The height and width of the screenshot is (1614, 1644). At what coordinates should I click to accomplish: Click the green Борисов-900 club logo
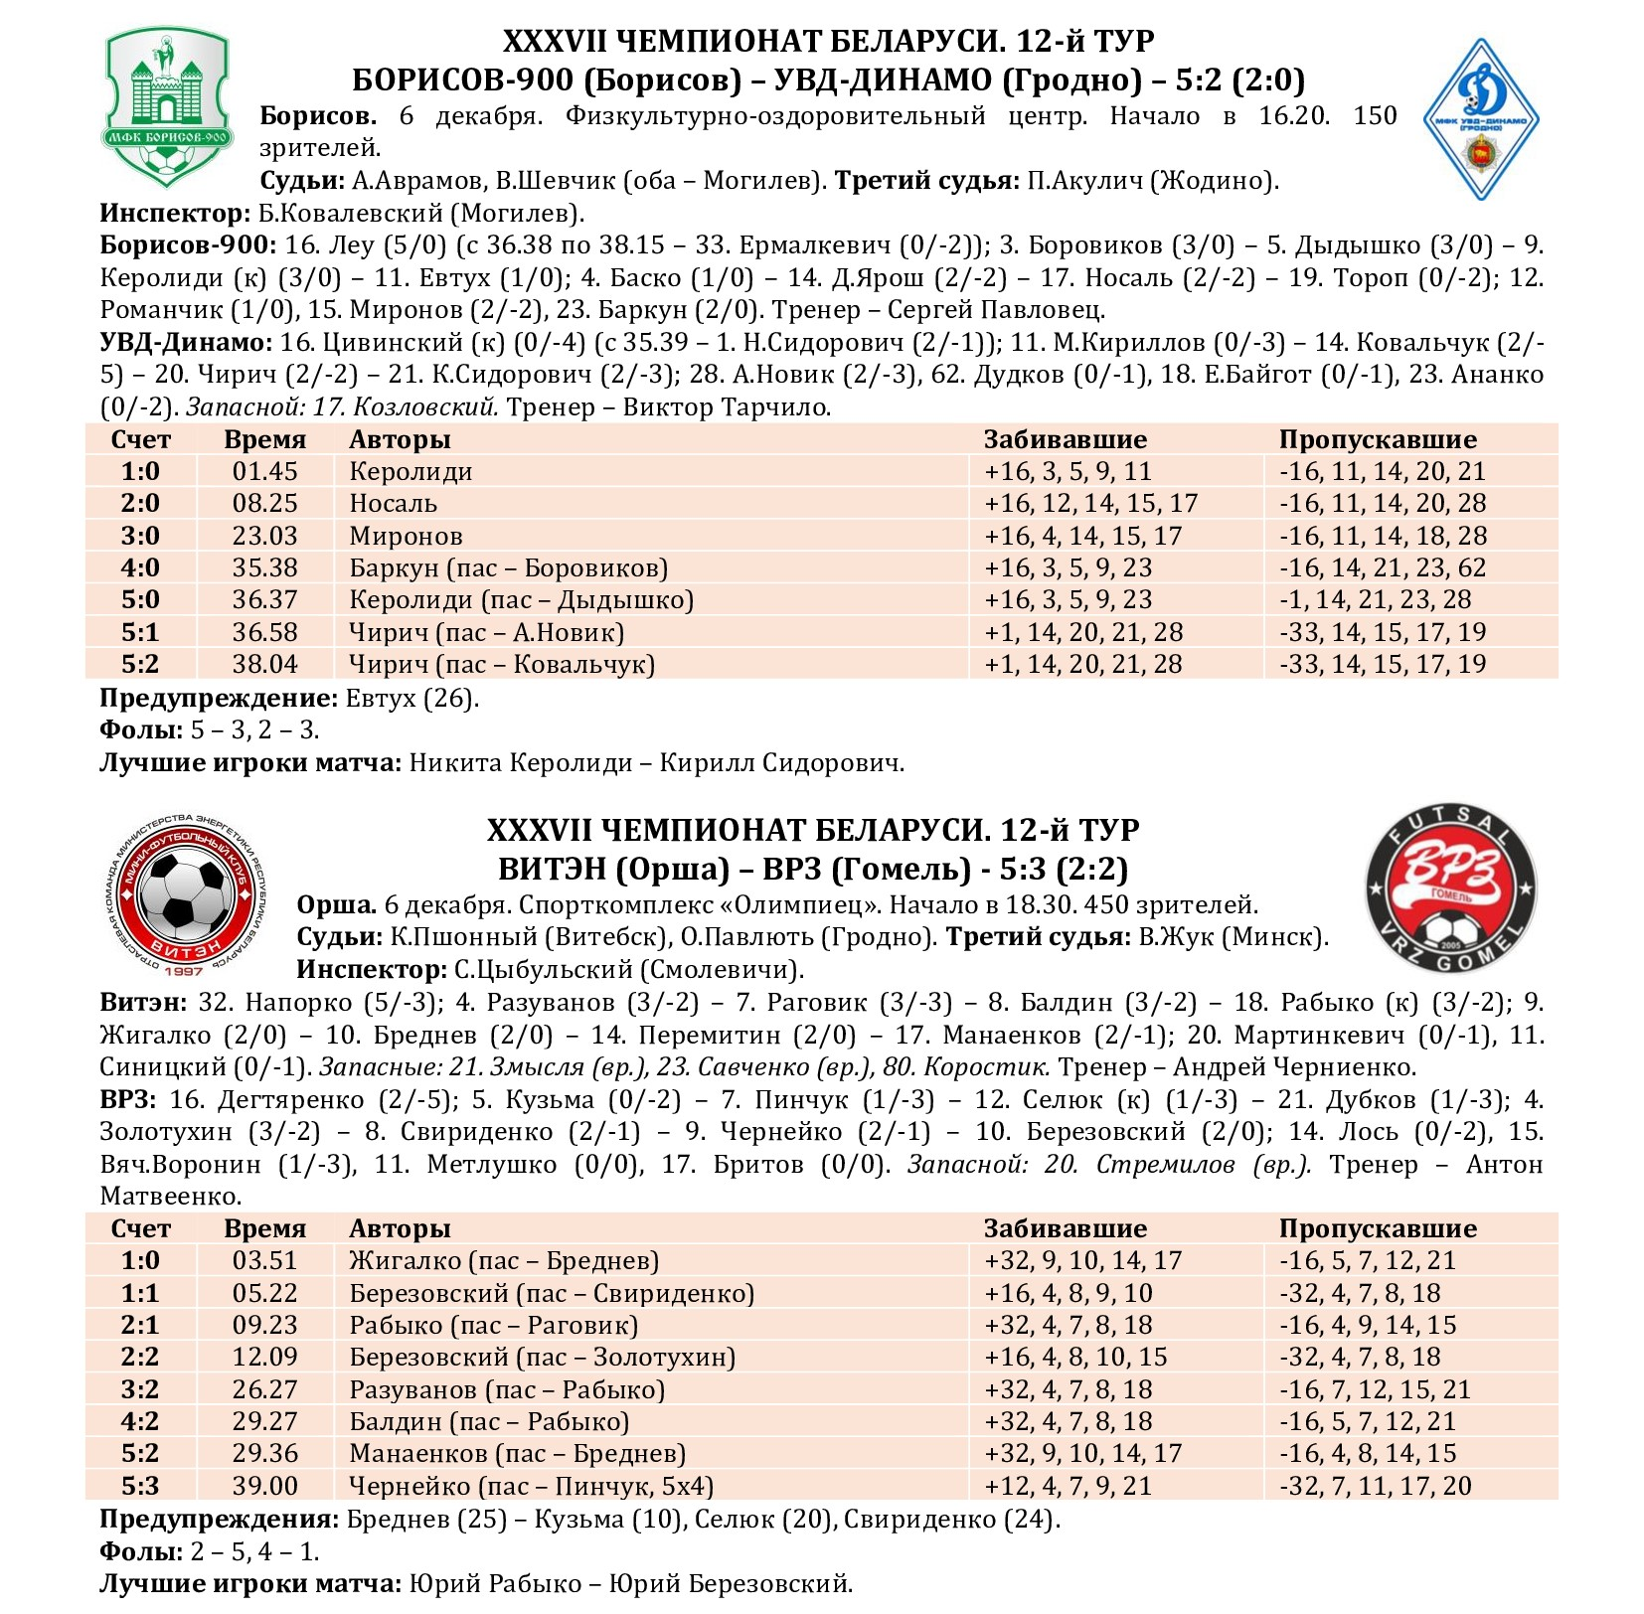(x=167, y=107)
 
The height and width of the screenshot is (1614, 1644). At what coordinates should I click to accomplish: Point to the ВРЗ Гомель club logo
(x=1450, y=888)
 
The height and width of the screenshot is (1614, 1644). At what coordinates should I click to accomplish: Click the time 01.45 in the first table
(x=264, y=471)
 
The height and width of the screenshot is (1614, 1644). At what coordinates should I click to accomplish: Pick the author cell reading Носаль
(x=393, y=504)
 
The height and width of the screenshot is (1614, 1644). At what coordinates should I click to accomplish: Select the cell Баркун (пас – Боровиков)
(x=508, y=568)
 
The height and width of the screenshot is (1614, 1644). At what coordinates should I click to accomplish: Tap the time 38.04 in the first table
(x=264, y=665)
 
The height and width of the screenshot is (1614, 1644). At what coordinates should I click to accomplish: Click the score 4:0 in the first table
(x=140, y=568)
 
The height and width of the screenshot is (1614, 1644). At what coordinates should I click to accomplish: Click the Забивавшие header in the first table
(x=1065, y=439)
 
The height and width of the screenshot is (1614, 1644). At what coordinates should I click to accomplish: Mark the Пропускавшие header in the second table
(x=1378, y=1228)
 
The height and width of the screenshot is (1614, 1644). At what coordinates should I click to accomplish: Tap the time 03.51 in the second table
(x=264, y=1260)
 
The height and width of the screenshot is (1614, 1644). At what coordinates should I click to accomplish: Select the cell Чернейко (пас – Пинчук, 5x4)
(x=531, y=1486)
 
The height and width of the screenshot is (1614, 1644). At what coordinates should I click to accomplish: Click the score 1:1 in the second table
(x=140, y=1293)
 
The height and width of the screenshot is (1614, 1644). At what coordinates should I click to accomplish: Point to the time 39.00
(x=264, y=1486)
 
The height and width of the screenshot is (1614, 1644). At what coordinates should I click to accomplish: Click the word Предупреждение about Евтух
(x=219, y=698)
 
